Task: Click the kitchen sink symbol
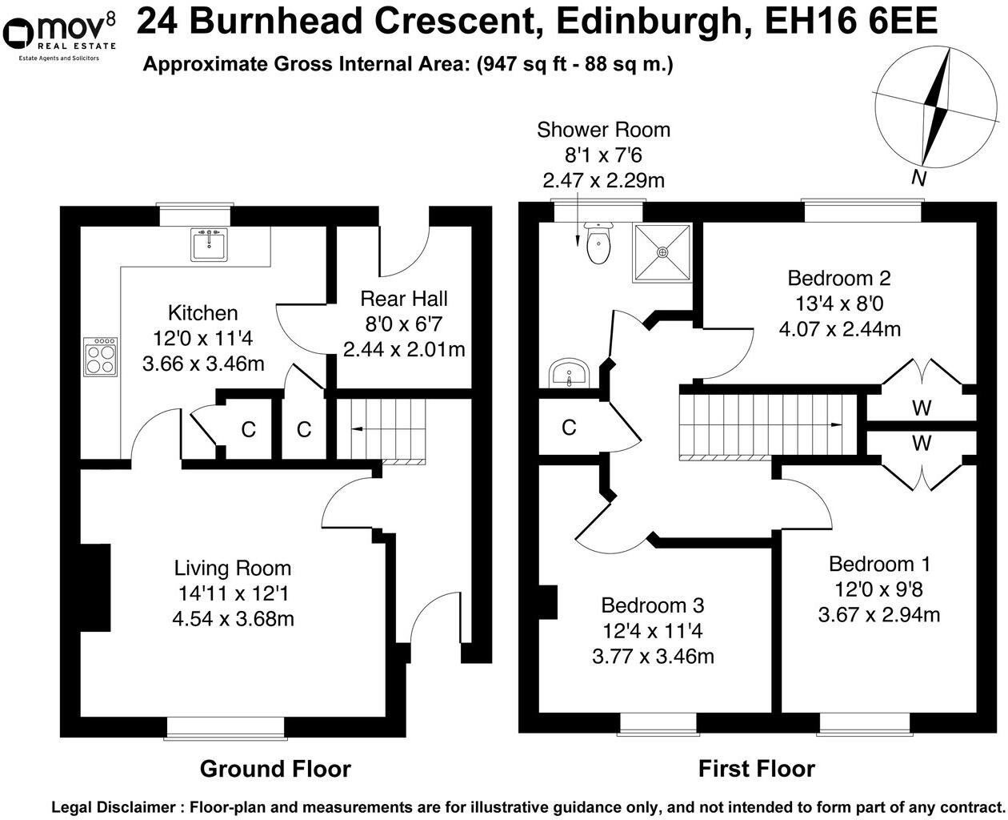pyautogui.click(x=209, y=243)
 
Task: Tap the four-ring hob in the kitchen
pyautogui.click(x=102, y=356)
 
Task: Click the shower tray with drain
pyautogui.click(x=662, y=251)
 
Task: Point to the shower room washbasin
pyautogui.click(x=569, y=373)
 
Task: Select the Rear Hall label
pyautogui.click(x=404, y=299)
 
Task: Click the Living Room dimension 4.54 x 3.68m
pyautogui.click(x=233, y=618)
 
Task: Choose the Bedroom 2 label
pyautogui.click(x=839, y=278)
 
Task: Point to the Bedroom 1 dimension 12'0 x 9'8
pyautogui.click(x=878, y=589)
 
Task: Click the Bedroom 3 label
pyautogui.click(x=653, y=605)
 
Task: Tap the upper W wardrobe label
pyautogui.click(x=922, y=408)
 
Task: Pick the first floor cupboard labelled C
pyautogui.click(x=569, y=428)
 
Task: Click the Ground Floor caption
pyautogui.click(x=275, y=769)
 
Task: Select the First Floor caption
pyautogui.click(x=756, y=769)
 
